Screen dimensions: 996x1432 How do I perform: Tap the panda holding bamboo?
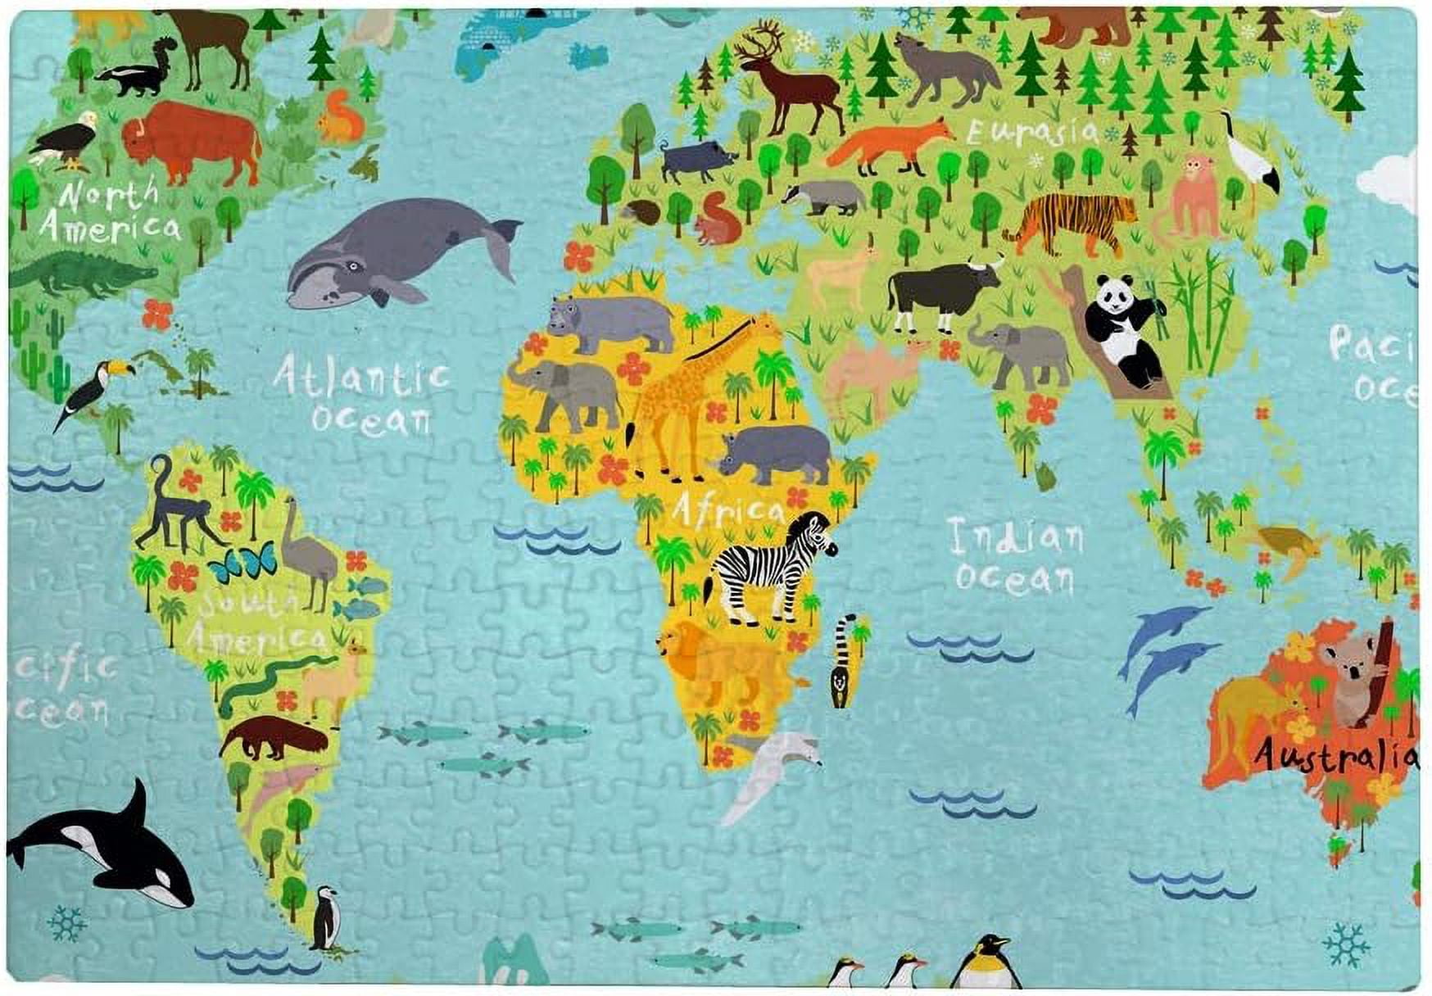1122,332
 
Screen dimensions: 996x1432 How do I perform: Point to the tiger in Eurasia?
1069,219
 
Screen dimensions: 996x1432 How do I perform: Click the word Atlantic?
360,377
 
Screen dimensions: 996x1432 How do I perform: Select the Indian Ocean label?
1015,557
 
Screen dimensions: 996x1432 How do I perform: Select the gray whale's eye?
353,265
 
